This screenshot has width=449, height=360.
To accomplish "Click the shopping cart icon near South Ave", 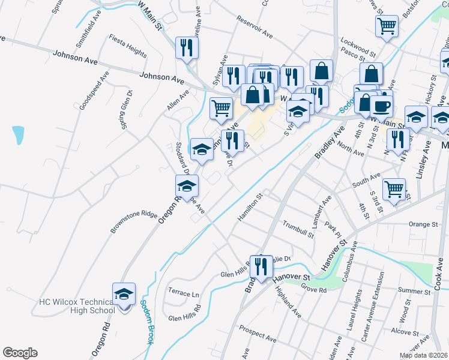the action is (x=394, y=190).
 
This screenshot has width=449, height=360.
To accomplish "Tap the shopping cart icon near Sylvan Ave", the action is (x=221, y=110).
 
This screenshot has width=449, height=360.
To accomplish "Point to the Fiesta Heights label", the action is (x=128, y=46).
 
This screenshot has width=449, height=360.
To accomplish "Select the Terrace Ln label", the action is (x=183, y=294).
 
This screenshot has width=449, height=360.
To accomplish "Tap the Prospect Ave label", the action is (x=257, y=329).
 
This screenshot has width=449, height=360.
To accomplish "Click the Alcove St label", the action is (x=405, y=331).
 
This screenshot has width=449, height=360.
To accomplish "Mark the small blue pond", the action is (x=18, y=134).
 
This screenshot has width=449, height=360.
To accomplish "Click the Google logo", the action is (x=20, y=353).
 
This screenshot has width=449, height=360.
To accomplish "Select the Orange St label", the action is (x=423, y=224).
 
